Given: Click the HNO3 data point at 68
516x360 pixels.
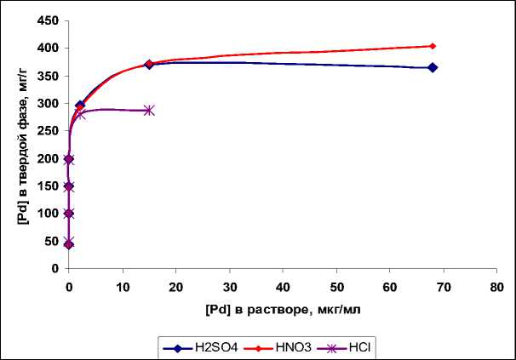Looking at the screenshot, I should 433,46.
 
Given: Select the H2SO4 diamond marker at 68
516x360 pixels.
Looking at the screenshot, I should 433,67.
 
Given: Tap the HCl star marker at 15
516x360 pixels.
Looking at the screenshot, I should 149,111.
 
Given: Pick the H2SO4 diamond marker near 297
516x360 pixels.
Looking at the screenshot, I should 80,106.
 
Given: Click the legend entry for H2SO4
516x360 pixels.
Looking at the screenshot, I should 196,346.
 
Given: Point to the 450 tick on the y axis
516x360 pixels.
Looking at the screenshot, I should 49,21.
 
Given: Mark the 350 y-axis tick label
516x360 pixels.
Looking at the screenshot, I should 49,77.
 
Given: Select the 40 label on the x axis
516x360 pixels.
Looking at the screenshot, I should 283,286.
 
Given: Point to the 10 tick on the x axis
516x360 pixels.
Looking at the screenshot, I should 123,286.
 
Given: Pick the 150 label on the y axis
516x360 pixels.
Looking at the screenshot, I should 49,186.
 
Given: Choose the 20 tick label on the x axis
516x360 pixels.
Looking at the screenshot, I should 175,286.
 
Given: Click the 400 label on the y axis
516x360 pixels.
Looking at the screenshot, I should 49,49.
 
